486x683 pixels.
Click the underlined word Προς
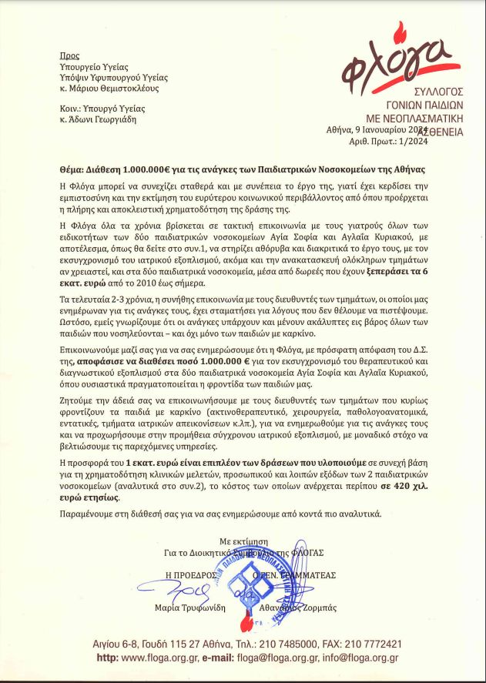[69, 56]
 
